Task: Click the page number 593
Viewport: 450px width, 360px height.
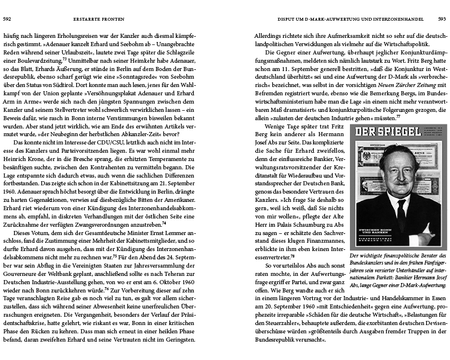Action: tap(441, 19)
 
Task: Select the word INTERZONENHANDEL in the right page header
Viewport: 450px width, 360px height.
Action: tap(390, 19)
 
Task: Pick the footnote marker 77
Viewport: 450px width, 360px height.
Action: tap(398, 116)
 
